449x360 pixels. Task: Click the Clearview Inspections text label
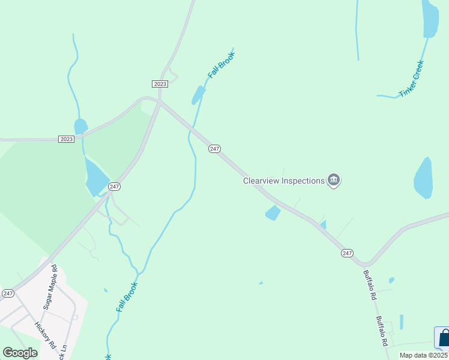click(x=283, y=180)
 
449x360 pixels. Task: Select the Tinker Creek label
click(x=411, y=78)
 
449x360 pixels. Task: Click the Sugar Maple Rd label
click(x=49, y=286)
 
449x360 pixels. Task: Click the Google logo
click(x=20, y=352)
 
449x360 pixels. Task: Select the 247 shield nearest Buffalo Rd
click(x=347, y=253)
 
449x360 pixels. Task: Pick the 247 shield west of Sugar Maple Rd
click(x=8, y=293)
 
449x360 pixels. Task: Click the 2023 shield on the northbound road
click(x=160, y=84)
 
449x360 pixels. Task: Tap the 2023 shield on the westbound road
click(x=66, y=139)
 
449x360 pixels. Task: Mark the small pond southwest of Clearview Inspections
click(x=273, y=212)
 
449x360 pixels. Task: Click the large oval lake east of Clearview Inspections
click(x=423, y=178)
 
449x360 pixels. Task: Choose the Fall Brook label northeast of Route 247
click(x=221, y=65)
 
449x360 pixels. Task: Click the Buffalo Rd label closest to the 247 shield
click(x=369, y=285)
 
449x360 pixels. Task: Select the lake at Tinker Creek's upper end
click(x=430, y=18)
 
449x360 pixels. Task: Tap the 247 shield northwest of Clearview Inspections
click(x=214, y=148)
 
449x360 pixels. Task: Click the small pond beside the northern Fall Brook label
click(x=198, y=95)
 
